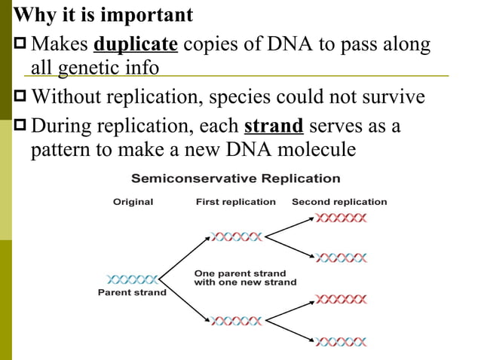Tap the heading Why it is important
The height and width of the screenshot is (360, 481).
tap(104, 14)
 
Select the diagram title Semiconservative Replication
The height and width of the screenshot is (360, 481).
tap(236, 179)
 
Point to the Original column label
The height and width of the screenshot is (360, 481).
tap(133, 202)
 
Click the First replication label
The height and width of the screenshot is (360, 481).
tap(236, 202)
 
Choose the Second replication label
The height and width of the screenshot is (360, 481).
tap(339, 202)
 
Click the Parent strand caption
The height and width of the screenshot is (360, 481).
tap(133, 292)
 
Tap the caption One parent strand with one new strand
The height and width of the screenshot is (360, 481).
tap(245, 277)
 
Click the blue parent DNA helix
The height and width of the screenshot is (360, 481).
tap(133, 279)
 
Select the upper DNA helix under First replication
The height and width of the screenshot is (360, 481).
tap(237, 236)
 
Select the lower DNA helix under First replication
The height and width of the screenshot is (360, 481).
tap(237, 321)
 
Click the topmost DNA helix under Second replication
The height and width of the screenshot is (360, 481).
tap(341, 218)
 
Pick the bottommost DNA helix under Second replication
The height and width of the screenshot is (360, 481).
tap(341, 342)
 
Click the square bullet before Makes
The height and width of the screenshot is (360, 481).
tap(21, 47)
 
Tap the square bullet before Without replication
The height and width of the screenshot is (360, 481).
tap(21, 98)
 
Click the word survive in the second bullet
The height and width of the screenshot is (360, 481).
tap(397, 98)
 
